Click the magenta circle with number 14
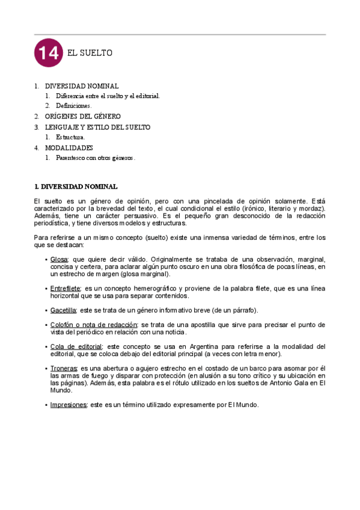[x=48, y=54]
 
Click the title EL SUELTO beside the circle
[x=90, y=54]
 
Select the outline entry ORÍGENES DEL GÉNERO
[x=83, y=116]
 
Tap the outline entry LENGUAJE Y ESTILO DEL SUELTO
[x=97, y=127]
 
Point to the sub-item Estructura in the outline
[x=71, y=138]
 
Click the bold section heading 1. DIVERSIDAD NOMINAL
[x=76, y=186]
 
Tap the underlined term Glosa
[x=59, y=259]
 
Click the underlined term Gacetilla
[x=63, y=310]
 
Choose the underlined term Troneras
[x=63, y=368]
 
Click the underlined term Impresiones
[x=68, y=405]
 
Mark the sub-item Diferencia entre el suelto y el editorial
[x=108, y=96]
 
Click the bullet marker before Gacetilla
[x=46, y=310]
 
